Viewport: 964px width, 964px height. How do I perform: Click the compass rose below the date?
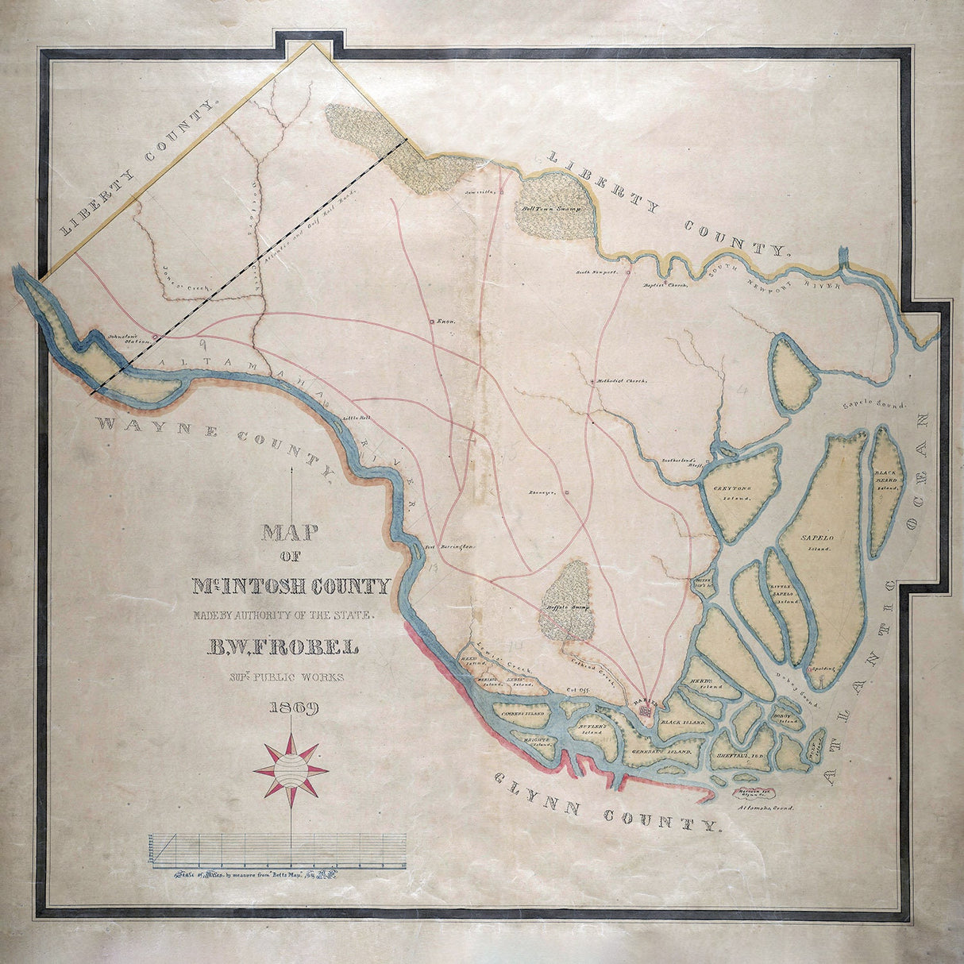point(290,769)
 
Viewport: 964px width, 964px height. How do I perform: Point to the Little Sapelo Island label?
point(786,594)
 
